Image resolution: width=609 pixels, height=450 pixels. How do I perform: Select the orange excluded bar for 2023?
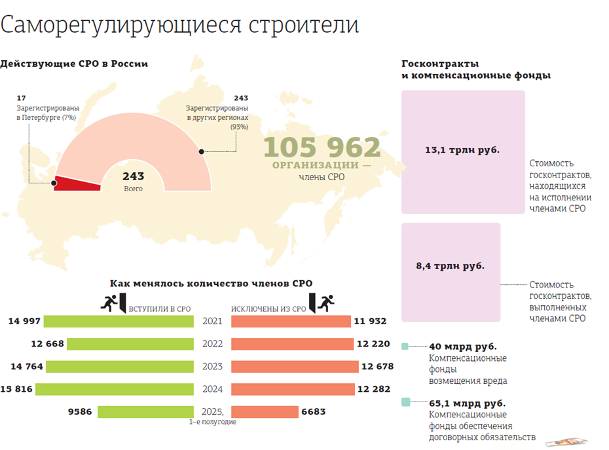point(295,366)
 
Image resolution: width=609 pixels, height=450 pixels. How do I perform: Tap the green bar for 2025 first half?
point(146,412)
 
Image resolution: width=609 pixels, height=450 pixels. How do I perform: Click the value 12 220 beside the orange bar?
point(373,344)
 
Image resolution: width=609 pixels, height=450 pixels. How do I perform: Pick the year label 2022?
point(212,344)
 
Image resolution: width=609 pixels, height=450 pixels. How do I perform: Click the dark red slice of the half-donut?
point(75,183)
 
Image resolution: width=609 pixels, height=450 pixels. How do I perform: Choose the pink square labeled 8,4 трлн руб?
point(451,271)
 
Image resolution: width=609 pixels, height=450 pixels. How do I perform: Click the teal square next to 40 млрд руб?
point(405,347)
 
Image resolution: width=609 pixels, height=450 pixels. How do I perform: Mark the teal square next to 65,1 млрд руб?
point(405,403)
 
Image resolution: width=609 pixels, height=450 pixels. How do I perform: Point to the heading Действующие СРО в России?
point(74,64)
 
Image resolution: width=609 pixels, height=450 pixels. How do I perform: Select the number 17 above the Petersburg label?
point(21,98)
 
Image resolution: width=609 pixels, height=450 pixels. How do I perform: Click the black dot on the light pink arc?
point(202,151)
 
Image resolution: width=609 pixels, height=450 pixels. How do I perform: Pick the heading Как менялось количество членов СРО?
point(211,284)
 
